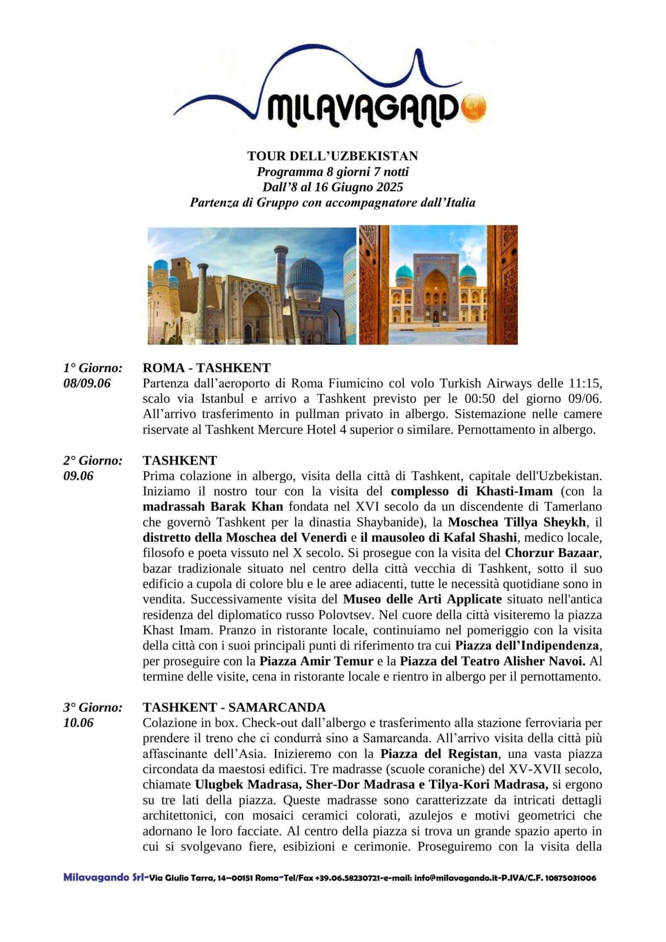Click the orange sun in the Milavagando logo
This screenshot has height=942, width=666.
475,105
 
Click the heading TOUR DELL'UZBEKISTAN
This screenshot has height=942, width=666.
333,156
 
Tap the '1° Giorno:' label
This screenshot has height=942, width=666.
93,367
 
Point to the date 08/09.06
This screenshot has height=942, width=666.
87,383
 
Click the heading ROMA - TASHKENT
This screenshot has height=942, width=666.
206,367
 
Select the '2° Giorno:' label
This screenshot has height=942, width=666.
93,460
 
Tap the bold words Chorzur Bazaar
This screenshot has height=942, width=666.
551,553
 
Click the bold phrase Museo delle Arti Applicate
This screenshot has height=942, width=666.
422,599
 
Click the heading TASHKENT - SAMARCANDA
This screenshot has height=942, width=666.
234,707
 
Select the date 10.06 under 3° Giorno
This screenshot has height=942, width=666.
78,723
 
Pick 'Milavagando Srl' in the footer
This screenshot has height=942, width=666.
103,878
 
